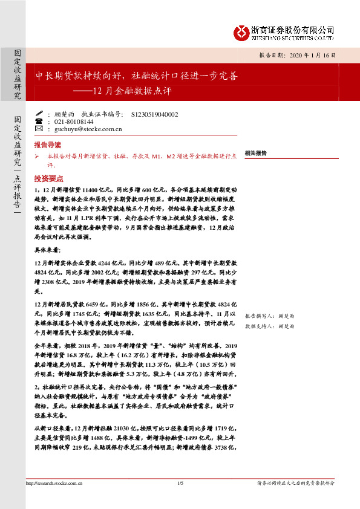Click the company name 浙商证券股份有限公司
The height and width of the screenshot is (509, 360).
(292, 28)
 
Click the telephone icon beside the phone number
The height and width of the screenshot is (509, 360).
(39, 121)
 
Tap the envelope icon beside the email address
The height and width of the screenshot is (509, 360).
(39, 129)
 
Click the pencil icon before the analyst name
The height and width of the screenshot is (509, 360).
(39, 113)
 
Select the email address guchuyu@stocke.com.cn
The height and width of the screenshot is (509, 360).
(88, 129)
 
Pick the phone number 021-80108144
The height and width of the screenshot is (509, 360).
(74, 121)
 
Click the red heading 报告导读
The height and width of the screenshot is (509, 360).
(47, 146)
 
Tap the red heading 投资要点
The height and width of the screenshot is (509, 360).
(47, 179)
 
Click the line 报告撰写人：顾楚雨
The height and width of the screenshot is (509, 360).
(269, 316)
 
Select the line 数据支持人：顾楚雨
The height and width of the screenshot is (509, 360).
(269, 326)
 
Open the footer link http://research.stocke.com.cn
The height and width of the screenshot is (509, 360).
(54, 483)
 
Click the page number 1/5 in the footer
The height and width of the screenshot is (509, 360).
(180, 483)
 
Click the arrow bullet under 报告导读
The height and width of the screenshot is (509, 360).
(37, 156)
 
